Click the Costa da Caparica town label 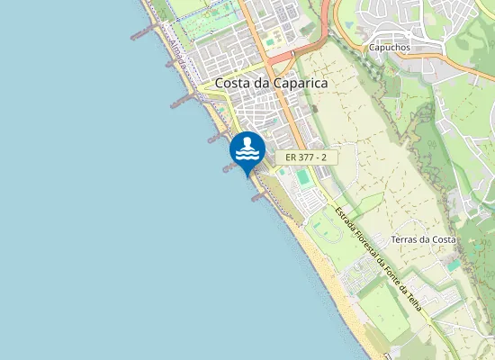click(x=271, y=83)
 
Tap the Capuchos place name click(x=389, y=47)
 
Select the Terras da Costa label click(x=424, y=239)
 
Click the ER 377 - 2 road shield click(x=305, y=157)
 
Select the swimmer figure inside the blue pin click(x=247, y=147)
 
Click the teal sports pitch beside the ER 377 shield click(x=304, y=178)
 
